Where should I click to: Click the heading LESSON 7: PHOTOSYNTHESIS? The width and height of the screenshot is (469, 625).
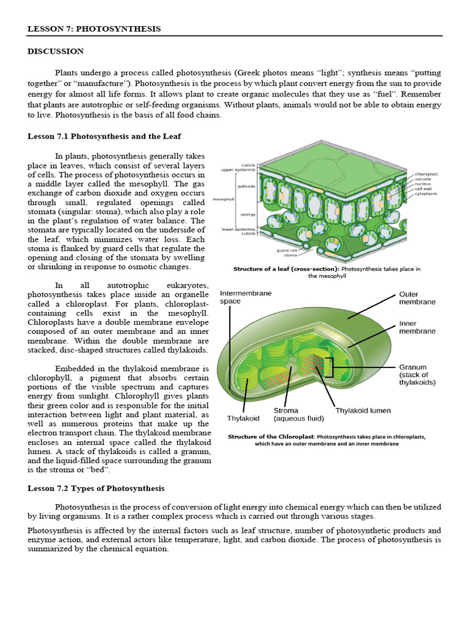point(94,29)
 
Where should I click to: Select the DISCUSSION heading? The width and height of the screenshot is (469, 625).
point(56,51)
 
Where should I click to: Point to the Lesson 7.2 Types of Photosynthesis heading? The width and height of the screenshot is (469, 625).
point(96,488)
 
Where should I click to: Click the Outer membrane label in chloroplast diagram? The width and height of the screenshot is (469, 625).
point(417,298)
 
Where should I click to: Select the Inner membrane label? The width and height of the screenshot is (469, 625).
point(417,327)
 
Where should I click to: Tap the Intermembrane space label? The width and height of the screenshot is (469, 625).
point(245,297)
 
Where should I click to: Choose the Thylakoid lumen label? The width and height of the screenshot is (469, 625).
point(363,411)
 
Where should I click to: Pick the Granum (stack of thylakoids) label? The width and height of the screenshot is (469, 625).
point(417,375)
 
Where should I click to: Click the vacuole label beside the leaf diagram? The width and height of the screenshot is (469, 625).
point(423,179)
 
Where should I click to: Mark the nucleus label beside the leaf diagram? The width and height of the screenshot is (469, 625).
point(423,184)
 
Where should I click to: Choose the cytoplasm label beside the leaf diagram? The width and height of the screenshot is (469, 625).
point(426,193)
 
